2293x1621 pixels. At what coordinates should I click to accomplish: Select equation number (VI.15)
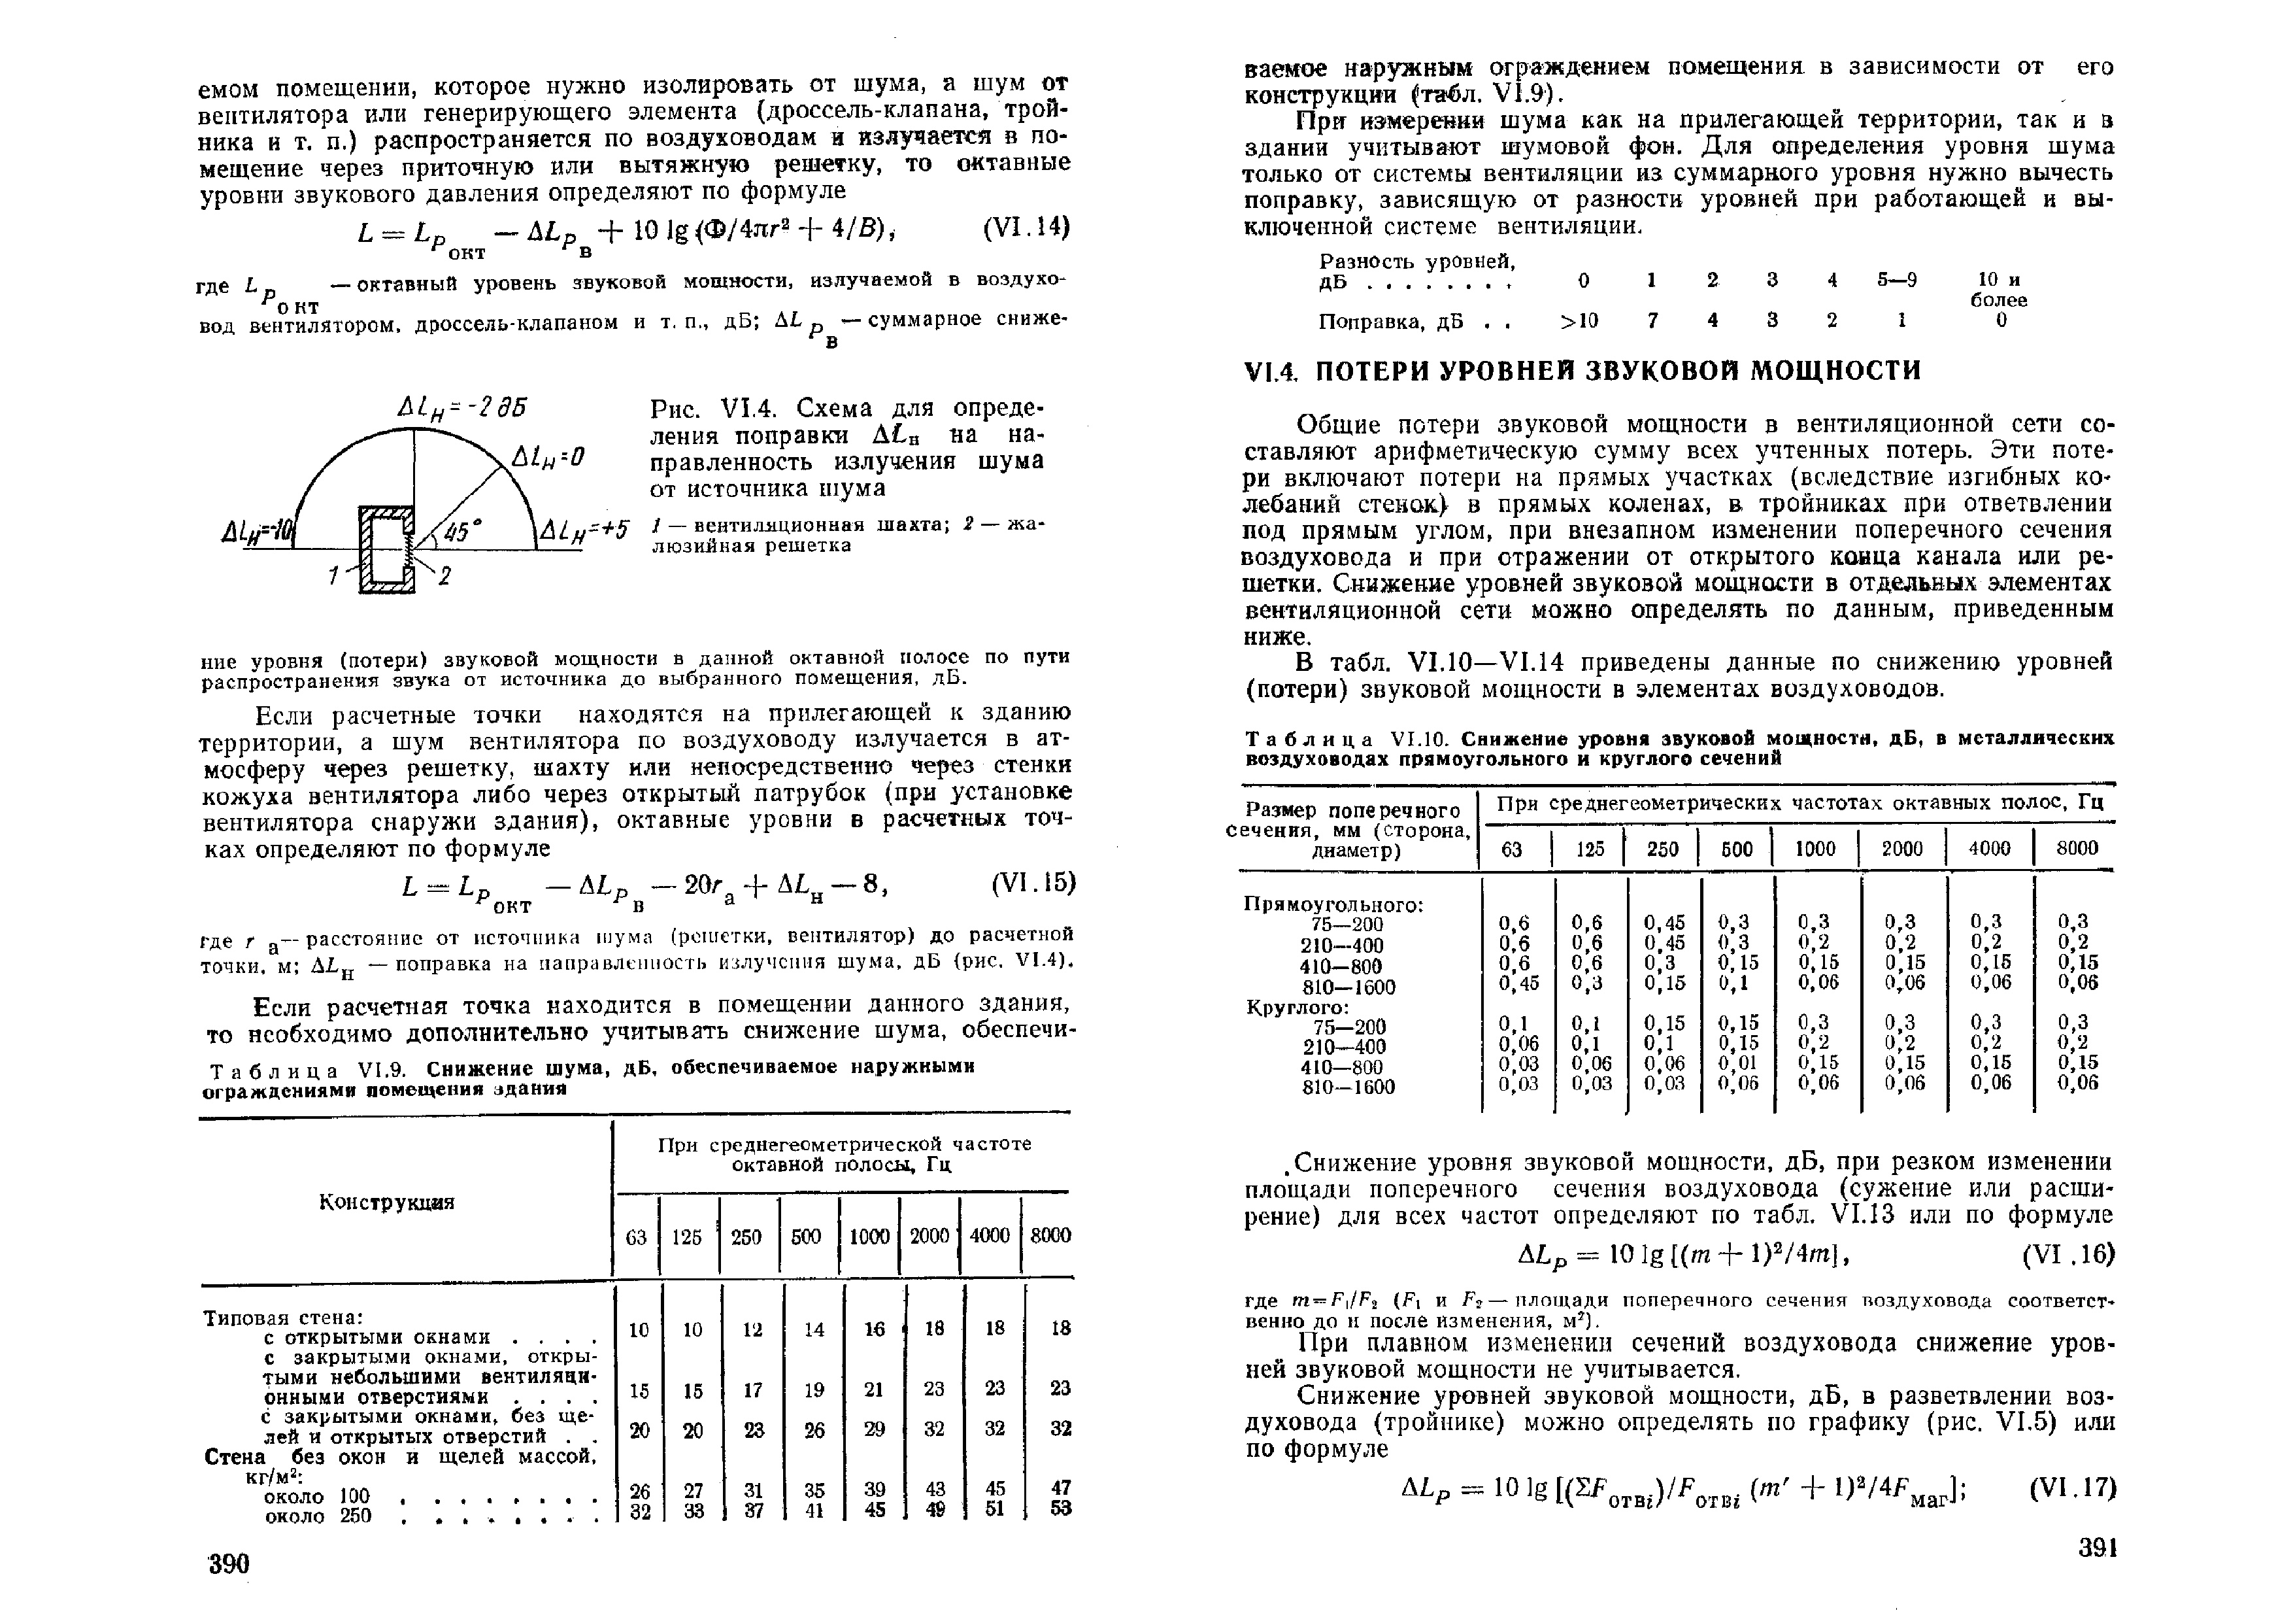(x=1033, y=885)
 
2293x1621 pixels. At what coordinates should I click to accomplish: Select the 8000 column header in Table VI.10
(x=2076, y=848)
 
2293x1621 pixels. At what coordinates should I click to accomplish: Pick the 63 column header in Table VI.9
(x=636, y=1237)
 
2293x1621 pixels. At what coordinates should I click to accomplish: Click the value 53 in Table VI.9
(x=1061, y=1509)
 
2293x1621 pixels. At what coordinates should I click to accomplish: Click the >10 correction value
(x=1579, y=320)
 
